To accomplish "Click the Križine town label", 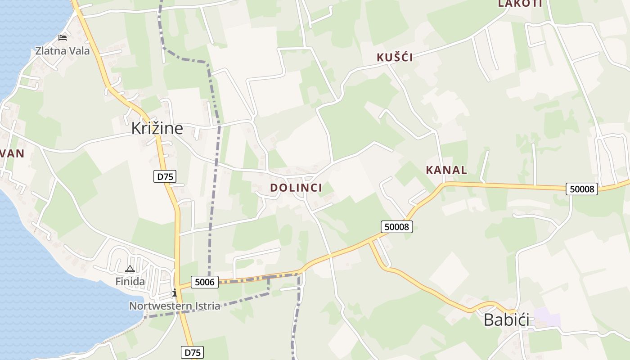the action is (157, 129).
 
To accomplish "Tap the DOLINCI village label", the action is (296, 188).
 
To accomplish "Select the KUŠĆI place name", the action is (395, 58).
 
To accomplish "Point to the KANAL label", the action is (446, 171).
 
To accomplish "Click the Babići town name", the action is (506, 320).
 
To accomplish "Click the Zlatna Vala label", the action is (63, 51).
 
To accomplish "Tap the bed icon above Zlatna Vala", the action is (63, 38).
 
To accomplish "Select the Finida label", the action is (130, 282).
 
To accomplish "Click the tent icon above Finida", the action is (130, 269).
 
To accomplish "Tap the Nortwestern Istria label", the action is (175, 306).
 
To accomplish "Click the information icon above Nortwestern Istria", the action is (175, 293).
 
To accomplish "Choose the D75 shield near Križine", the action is (165, 177).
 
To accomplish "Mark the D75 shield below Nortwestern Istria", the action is (192, 352).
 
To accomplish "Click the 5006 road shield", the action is (204, 282).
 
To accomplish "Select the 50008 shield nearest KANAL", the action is (582, 189).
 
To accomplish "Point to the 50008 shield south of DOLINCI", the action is (397, 227).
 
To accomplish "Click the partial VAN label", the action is (12, 154).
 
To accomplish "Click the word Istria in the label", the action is (206, 306).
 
